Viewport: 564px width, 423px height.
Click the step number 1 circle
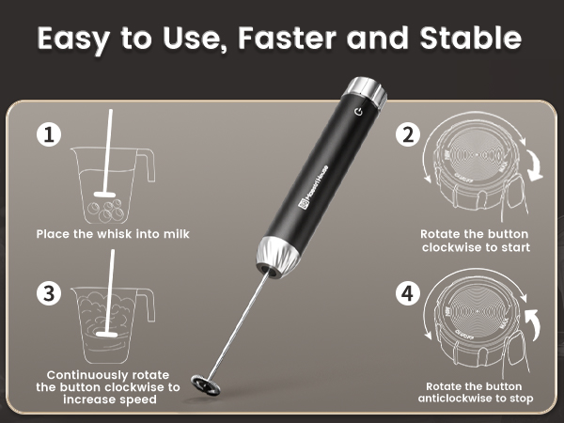point(50,135)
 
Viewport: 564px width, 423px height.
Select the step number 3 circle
point(50,292)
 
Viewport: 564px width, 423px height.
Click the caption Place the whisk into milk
point(113,233)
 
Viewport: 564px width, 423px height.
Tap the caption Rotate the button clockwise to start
point(476,241)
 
